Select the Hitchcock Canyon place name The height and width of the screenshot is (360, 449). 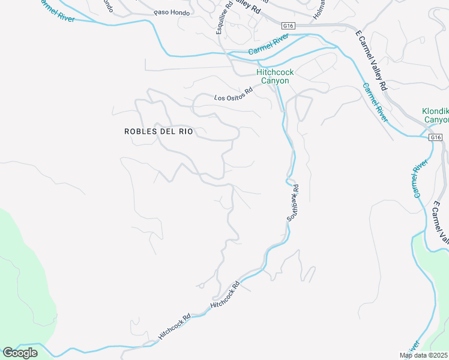pyautogui.click(x=275, y=76)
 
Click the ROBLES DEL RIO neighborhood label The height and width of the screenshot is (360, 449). pyautogui.click(x=158, y=131)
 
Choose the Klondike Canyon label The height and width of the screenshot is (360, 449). pyautogui.click(x=435, y=115)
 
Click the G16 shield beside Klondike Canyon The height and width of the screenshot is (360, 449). pyautogui.click(x=436, y=137)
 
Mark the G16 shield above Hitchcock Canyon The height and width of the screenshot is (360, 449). pyautogui.click(x=288, y=26)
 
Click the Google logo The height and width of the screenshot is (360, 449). pyautogui.click(x=20, y=353)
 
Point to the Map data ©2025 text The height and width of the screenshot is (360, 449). pyautogui.click(x=424, y=355)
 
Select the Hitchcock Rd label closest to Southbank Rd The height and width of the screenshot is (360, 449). pyautogui.click(x=226, y=296)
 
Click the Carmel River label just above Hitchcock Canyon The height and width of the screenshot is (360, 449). pyautogui.click(x=268, y=46)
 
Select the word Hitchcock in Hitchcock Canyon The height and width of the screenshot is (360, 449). pyautogui.click(x=275, y=72)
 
